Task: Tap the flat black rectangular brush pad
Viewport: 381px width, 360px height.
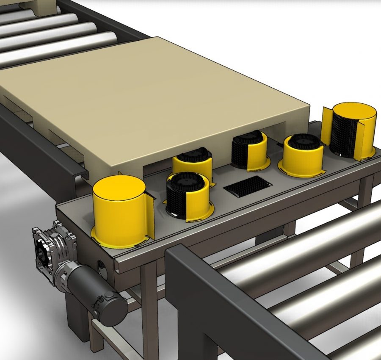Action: [248, 186]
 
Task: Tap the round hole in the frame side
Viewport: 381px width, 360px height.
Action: [102, 268]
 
